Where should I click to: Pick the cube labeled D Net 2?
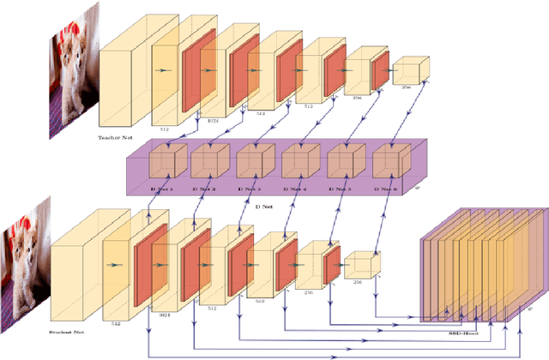click(208, 163)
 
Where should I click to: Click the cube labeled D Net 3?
click(254, 163)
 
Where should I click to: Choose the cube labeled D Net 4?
click(299, 163)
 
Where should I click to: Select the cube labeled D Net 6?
click(389, 163)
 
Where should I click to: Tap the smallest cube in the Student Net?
click(361, 265)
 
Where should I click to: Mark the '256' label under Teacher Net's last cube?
click(407, 87)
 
